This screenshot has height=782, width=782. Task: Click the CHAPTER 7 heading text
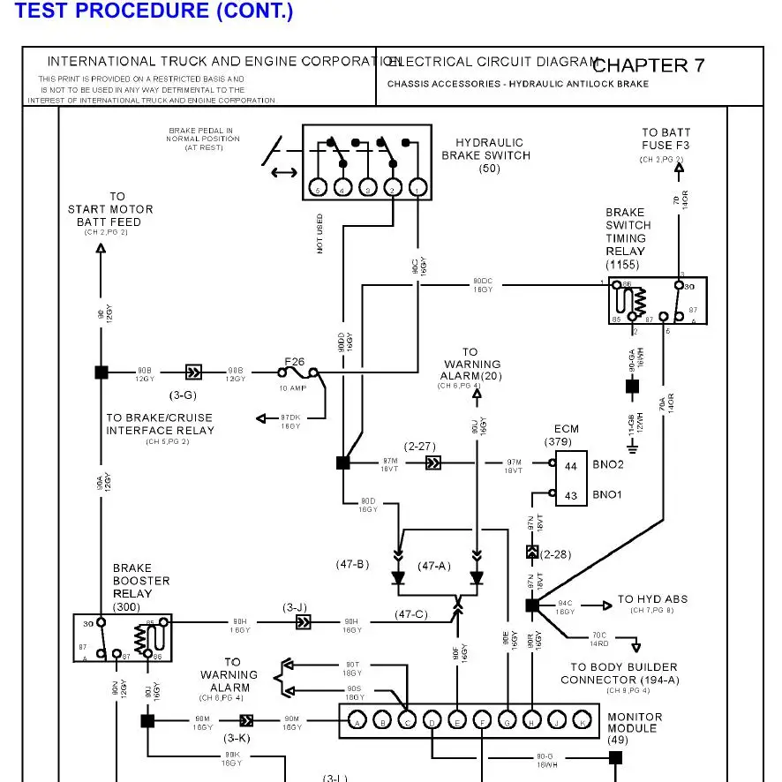pyautogui.click(x=649, y=65)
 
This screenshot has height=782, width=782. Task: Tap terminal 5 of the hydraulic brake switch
pyautogui.click(x=319, y=187)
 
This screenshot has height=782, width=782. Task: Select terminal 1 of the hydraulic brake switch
pyautogui.click(x=418, y=187)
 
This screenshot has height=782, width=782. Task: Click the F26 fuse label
pyautogui.click(x=294, y=361)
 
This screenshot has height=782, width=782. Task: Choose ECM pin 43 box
pyautogui.click(x=571, y=495)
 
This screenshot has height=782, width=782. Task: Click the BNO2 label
pyautogui.click(x=608, y=464)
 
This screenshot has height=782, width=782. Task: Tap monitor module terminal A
pyautogui.click(x=357, y=721)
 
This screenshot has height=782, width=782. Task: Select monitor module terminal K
pyautogui.click(x=583, y=721)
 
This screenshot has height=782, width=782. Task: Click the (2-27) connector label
pyautogui.click(x=421, y=447)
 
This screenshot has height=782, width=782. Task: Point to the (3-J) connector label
pyautogui.click(x=295, y=607)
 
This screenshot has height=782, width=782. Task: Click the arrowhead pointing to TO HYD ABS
pyautogui.click(x=607, y=605)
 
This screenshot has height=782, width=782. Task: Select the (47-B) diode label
pyautogui.click(x=351, y=565)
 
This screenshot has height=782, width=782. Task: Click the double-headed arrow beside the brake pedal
pyautogui.click(x=284, y=171)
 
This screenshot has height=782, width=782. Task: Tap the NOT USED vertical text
pyautogui.click(x=320, y=233)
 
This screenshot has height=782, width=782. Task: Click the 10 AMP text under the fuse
pyautogui.click(x=291, y=388)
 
